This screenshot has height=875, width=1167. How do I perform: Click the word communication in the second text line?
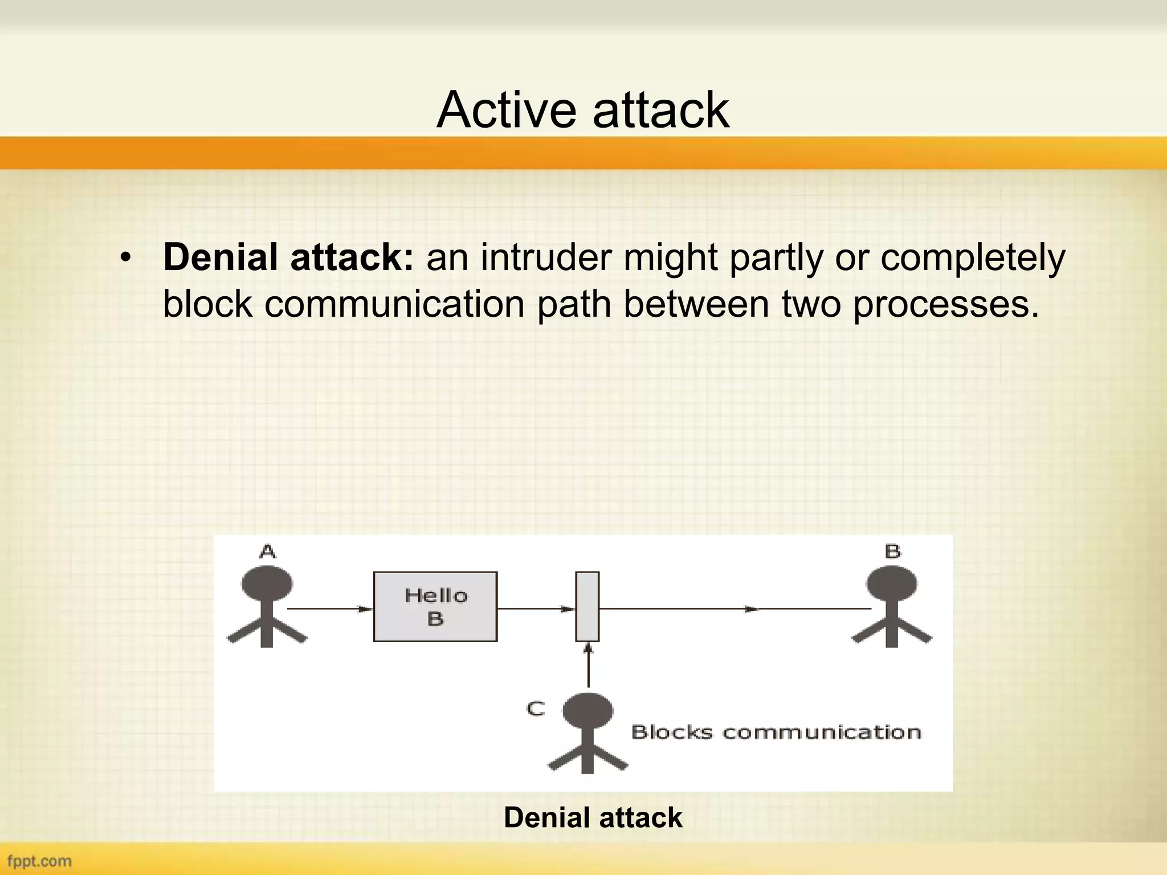394,304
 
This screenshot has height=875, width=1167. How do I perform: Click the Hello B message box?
435,607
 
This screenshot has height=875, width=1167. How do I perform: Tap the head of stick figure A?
267,584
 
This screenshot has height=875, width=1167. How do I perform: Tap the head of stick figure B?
892,584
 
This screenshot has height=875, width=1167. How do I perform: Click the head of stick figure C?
587,710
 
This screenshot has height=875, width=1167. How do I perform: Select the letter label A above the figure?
267,551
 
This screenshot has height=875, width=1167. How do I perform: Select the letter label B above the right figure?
892,551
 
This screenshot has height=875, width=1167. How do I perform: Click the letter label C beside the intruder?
536,709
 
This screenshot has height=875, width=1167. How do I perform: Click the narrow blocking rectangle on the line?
587,607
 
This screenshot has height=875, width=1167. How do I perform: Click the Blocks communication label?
776,732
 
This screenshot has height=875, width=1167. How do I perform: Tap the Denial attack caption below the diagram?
593,817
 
